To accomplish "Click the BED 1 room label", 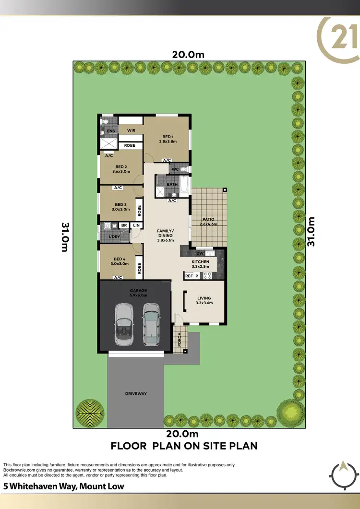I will pos(168,137).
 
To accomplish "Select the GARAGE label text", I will pos(138,291).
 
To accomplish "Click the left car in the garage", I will pos(124,324).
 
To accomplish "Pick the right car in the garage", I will pos(151,323).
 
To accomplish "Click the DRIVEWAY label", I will pos(136,394).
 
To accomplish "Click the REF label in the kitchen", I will pos(189,276).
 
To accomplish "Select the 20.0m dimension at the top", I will pos(189,55).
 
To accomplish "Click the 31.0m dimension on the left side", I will pos(65,237).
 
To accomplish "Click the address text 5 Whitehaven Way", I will pos(63,486).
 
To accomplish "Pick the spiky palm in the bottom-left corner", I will pos(89,412).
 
